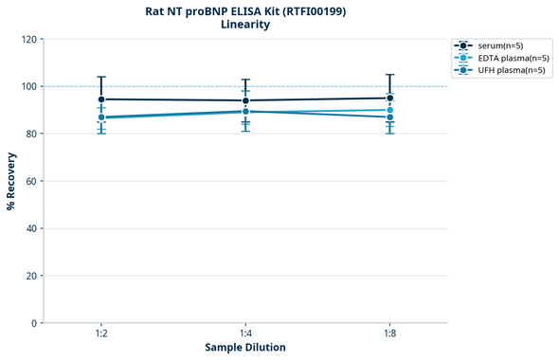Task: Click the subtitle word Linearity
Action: [x=244, y=25]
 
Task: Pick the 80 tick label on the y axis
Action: [x=30, y=134]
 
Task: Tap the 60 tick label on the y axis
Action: [x=30, y=181]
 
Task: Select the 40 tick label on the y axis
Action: [x=30, y=228]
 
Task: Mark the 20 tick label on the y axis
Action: [x=30, y=276]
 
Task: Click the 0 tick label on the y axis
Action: [x=33, y=323]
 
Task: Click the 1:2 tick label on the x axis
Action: [x=100, y=334]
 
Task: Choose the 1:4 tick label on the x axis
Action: [x=245, y=334]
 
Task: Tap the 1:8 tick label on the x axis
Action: [x=389, y=334]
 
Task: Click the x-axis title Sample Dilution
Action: [x=244, y=348]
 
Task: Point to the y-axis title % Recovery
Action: [x=10, y=181]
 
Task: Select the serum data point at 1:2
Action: [x=100, y=99]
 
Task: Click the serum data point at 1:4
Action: [x=245, y=100]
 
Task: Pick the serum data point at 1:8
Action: [x=389, y=99]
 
